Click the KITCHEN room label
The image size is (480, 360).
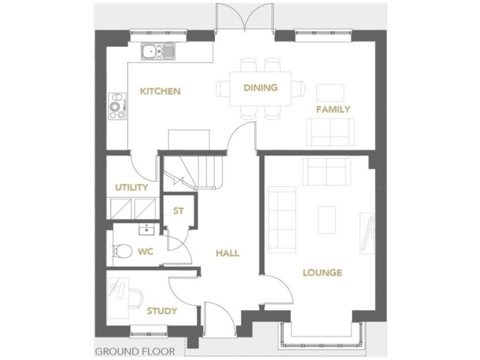click(160, 91)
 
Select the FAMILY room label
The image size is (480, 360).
click(332, 109)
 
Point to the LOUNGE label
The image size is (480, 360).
click(322, 272)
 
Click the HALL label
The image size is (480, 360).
click(227, 253)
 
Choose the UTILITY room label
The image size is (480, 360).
click(131, 187)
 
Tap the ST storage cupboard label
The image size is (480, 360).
click(179, 211)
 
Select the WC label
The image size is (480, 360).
click(145, 252)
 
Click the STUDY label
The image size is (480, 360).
click(161, 311)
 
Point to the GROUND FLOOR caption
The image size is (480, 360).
click(135, 351)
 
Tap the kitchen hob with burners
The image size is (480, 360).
click(117, 106)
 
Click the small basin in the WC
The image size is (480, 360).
click(146, 229)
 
